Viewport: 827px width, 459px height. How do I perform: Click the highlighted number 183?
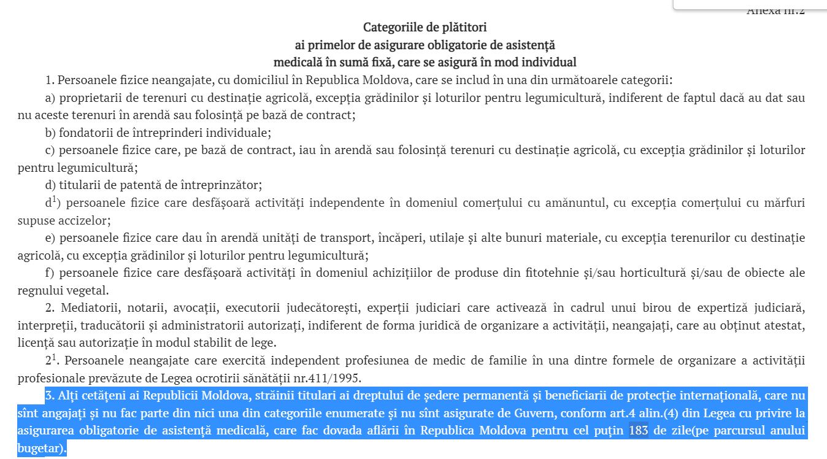(639, 431)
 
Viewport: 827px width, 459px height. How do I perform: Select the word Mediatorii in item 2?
(87, 307)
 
